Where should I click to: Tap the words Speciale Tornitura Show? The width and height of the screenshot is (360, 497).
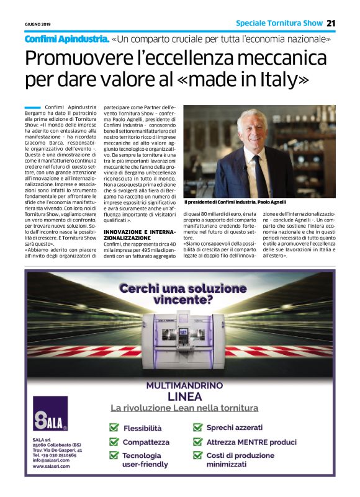279,24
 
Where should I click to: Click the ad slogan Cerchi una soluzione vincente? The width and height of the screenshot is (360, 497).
182,294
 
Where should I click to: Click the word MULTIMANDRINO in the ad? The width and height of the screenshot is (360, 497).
184,385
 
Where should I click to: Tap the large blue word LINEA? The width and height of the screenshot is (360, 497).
184,396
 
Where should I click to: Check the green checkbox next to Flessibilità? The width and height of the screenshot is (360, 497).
114,428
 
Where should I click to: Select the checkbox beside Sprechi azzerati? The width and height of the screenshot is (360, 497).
197,428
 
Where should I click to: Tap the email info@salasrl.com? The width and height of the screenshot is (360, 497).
52,460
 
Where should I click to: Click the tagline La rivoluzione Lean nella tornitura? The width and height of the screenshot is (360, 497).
184,408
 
